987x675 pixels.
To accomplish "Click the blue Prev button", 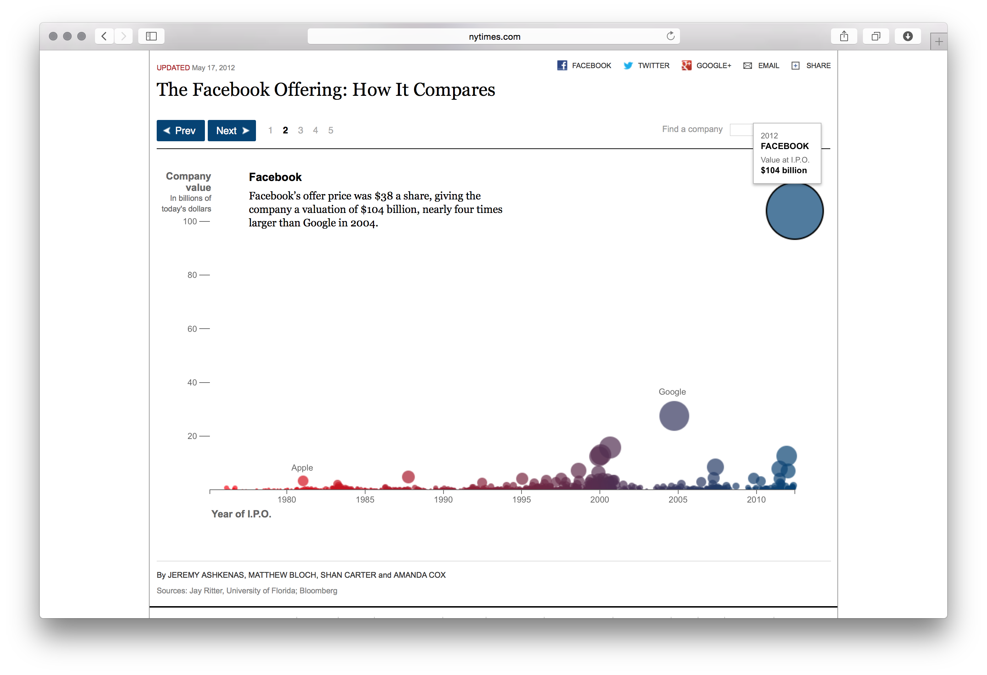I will [180, 131].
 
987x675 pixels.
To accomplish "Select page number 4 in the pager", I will [315, 131].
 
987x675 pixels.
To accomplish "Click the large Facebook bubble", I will [794, 211].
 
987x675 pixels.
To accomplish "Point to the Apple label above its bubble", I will [302, 468].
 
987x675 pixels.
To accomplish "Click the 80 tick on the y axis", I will [193, 275].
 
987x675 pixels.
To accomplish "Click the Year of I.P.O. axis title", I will [241, 514].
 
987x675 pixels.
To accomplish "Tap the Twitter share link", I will [646, 65].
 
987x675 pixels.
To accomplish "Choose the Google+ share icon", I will [686, 65].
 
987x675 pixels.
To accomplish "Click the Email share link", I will [762, 65].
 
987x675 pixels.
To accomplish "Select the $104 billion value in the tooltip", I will [784, 170].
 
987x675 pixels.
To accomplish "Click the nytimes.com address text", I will [494, 37].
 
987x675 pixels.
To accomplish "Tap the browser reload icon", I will [670, 36].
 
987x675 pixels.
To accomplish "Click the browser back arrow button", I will [104, 36].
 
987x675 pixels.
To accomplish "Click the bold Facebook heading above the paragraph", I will [275, 177].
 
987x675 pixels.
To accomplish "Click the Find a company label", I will [692, 129].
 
